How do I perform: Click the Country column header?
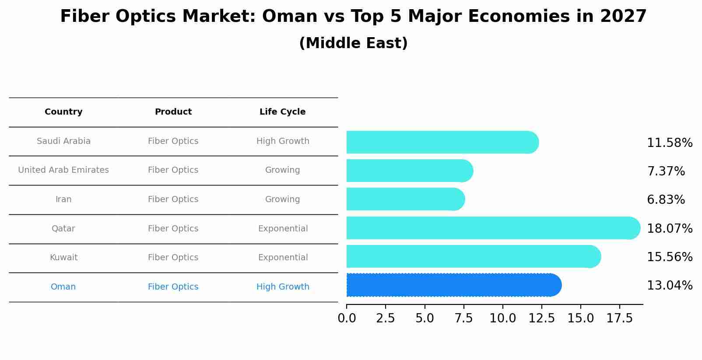click(x=63, y=112)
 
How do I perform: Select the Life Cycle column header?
click(x=282, y=112)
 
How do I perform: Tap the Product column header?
click(x=173, y=112)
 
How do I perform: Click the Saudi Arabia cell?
click(x=63, y=141)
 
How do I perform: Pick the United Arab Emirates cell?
click(x=63, y=170)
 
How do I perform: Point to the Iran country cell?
click(x=63, y=199)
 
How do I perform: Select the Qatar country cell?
click(x=63, y=229)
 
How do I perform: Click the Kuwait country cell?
click(x=63, y=258)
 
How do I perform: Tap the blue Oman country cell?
click(x=63, y=287)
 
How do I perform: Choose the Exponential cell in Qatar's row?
click(x=283, y=229)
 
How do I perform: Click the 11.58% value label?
click(x=670, y=143)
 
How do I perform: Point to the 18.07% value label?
click(x=670, y=229)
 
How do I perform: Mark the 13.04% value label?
click(x=670, y=286)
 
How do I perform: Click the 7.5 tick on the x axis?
click(x=463, y=318)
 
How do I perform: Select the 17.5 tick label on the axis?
click(x=620, y=318)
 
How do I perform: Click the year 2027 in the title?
click(x=623, y=17)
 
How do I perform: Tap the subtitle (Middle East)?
click(x=353, y=43)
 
